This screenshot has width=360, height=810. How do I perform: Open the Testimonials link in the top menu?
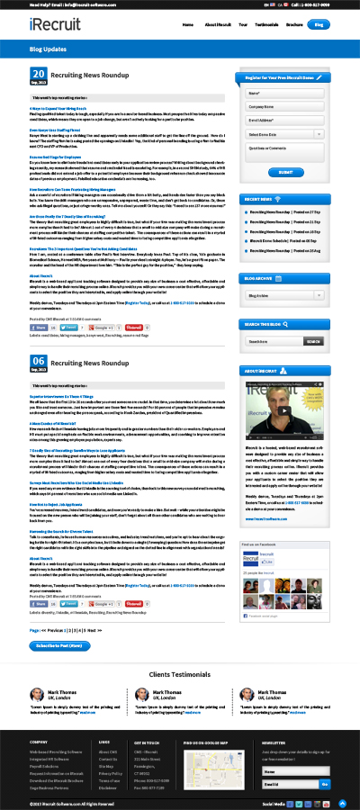[266, 25]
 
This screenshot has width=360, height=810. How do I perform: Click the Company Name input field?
[285, 105]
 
